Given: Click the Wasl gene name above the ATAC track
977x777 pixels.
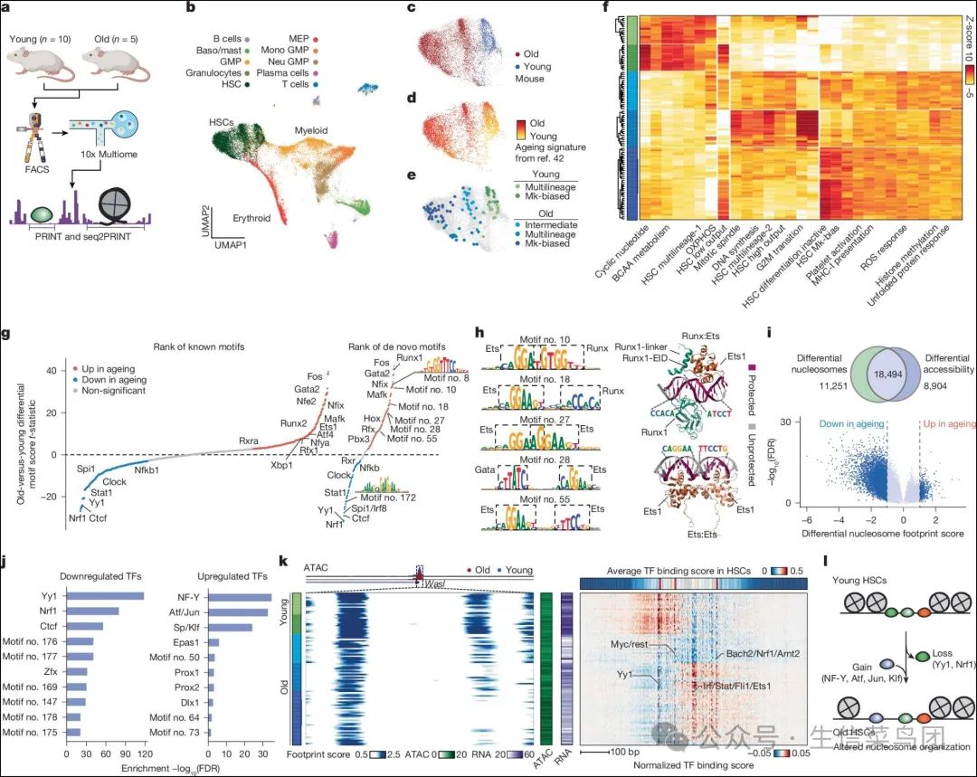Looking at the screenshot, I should coord(432,583).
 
